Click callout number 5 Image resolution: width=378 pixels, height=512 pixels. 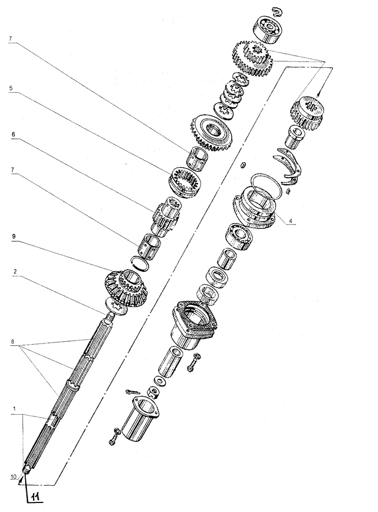(x=11, y=88)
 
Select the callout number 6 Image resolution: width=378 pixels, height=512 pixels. (x=13, y=134)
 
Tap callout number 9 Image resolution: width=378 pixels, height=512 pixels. (x=13, y=236)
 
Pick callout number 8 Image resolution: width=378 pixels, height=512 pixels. (x=12, y=341)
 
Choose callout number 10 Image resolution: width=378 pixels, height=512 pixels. (x=13, y=477)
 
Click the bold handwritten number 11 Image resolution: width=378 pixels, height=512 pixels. (x=36, y=497)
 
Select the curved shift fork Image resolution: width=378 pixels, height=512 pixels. (x=288, y=165)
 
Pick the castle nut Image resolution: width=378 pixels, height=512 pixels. (x=152, y=392)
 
